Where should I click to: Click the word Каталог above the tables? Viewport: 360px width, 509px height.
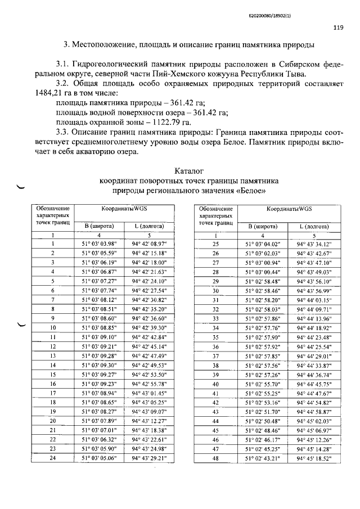[x=188, y=170]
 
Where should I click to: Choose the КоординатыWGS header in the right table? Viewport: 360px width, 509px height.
[x=289, y=209]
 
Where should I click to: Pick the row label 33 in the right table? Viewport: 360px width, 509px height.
[x=215, y=318]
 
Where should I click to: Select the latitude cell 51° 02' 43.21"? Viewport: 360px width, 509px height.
[x=263, y=458]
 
